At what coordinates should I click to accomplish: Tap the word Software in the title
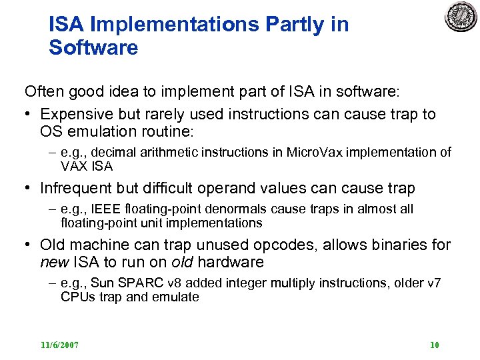pyautogui.click(x=93, y=48)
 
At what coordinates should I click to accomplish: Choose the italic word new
pyautogui.click(x=54, y=262)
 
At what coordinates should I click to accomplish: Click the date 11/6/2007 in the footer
pyautogui.click(x=59, y=345)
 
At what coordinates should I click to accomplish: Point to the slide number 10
pyautogui.click(x=434, y=345)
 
